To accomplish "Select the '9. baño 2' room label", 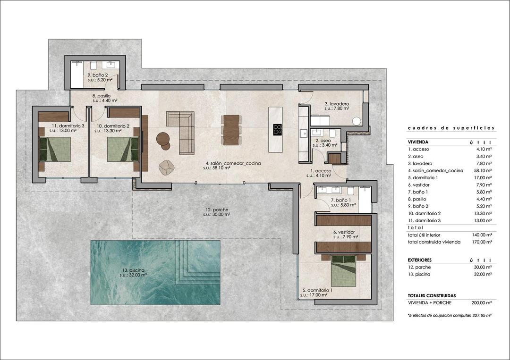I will point(98,75).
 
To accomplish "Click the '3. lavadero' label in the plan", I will point(336,104).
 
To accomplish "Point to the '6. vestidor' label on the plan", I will point(344,232).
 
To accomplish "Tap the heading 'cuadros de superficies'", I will point(450,128).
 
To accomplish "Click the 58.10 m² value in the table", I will point(482,170).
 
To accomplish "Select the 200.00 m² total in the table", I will point(482,303).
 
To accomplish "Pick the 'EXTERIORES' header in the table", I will point(419,260).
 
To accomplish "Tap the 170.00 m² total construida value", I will point(482,242).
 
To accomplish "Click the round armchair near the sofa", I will point(167,167).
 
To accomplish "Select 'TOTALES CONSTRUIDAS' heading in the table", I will point(432,296).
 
